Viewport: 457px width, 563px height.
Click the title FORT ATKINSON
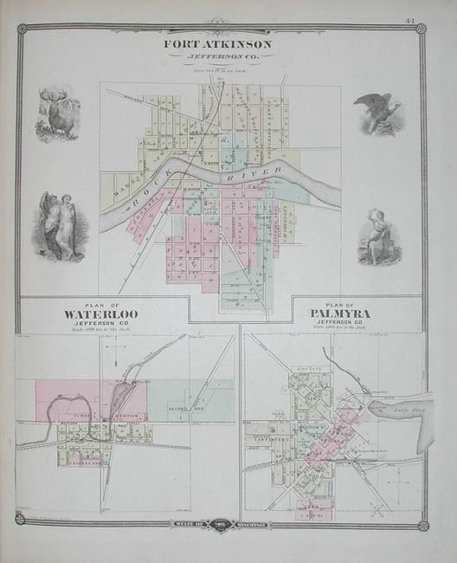[217, 42]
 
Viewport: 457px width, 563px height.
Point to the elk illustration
[58, 115]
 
